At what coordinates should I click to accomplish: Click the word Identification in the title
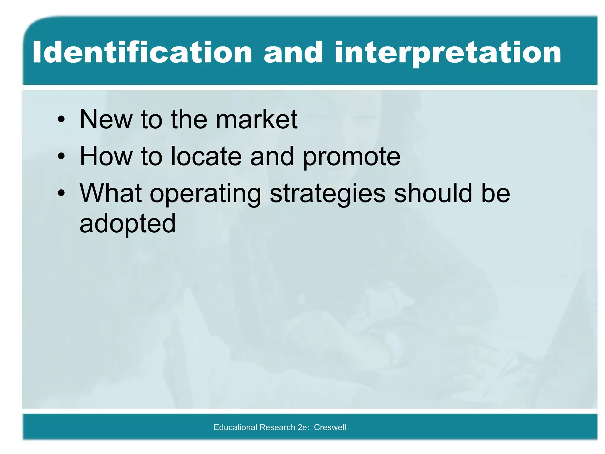tap(142, 53)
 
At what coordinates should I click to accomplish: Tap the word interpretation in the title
tap(448, 53)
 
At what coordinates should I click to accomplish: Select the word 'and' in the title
tap(293, 53)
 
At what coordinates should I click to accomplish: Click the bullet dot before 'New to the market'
tap(61, 120)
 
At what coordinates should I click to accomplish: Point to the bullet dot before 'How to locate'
tap(61, 157)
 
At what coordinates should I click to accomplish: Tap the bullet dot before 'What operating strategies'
tap(61, 194)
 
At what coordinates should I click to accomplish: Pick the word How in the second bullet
tap(106, 156)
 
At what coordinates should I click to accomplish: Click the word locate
tap(206, 156)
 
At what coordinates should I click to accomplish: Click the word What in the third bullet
tap(110, 193)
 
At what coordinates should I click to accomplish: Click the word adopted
tap(128, 224)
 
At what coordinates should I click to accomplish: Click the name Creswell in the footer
tap(330, 427)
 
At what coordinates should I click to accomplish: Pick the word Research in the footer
tap(277, 427)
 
